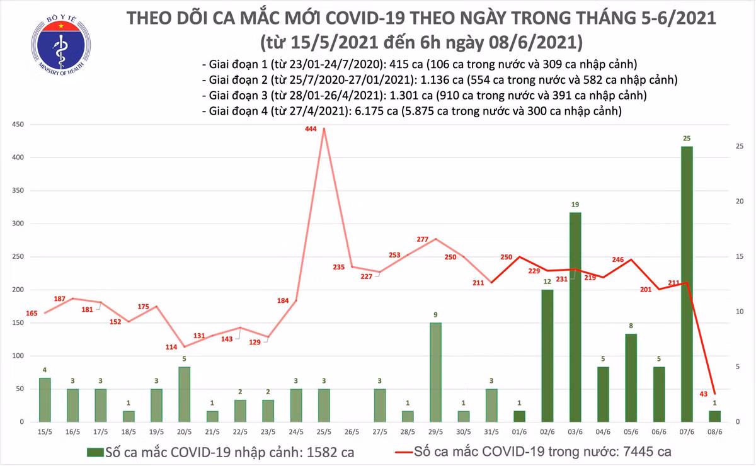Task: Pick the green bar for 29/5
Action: pos(435,372)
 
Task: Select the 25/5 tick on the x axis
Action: pos(324,432)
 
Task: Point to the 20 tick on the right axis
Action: pos(740,202)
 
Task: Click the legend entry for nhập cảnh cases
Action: pos(220,452)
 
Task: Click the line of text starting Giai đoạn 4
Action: pos(412,111)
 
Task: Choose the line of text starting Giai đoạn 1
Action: pos(420,64)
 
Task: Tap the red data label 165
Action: pos(32,313)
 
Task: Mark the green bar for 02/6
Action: pos(547,356)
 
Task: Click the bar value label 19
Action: pos(575,205)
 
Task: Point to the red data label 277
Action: pos(422,240)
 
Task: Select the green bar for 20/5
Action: pos(185,394)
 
